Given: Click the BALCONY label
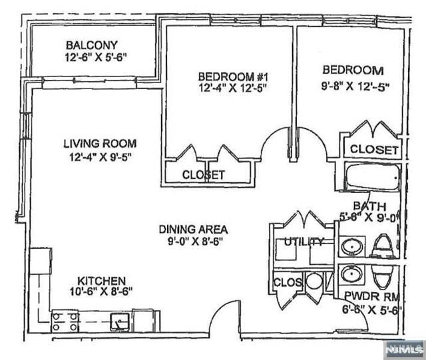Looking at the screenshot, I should [x=92, y=45].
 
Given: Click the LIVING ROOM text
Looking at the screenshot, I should [x=100, y=143].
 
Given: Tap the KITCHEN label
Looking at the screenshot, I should [x=100, y=281].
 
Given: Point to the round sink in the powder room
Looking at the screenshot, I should [x=350, y=274].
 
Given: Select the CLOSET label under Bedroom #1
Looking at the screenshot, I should [x=204, y=175].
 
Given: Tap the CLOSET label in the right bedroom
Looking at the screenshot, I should [x=373, y=150].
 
